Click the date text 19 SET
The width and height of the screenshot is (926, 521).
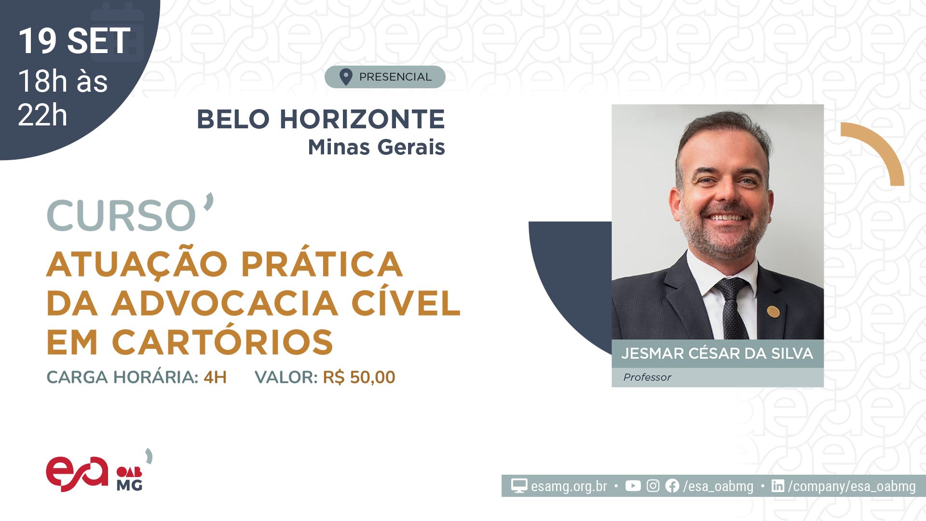[x=74, y=41]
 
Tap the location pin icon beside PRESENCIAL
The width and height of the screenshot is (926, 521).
[x=346, y=77]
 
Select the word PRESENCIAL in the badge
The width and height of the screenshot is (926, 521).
[x=395, y=77]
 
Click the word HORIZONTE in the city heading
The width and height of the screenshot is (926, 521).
[x=362, y=119]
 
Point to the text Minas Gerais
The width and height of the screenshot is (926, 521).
[x=376, y=147]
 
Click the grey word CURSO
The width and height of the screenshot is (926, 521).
[x=122, y=215]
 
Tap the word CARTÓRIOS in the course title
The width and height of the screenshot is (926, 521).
[x=222, y=342]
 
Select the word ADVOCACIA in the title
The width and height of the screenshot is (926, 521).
[x=225, y=303]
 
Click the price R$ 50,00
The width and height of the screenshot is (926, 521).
[x=359, y=377]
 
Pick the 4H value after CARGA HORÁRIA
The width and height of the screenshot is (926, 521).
[x=215, y=377]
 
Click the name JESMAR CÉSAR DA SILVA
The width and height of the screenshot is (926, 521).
[x=717, y=354]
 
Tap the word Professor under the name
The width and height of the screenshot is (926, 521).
[x=647, y=377]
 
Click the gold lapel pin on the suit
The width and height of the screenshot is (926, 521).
[x=773, y=311]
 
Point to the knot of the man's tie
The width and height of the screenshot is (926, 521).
[x=732, y=288]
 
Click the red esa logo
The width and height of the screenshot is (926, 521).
[x=77, y=474]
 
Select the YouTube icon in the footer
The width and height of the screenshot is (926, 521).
[x=633, y=486]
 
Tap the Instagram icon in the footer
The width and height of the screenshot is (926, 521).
[x=653, y=486]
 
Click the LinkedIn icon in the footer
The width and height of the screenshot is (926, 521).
[x=778, y=486]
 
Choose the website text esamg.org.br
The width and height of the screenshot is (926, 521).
[x=569, y=486]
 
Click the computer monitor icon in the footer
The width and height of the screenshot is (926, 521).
[x=519, y=486]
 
